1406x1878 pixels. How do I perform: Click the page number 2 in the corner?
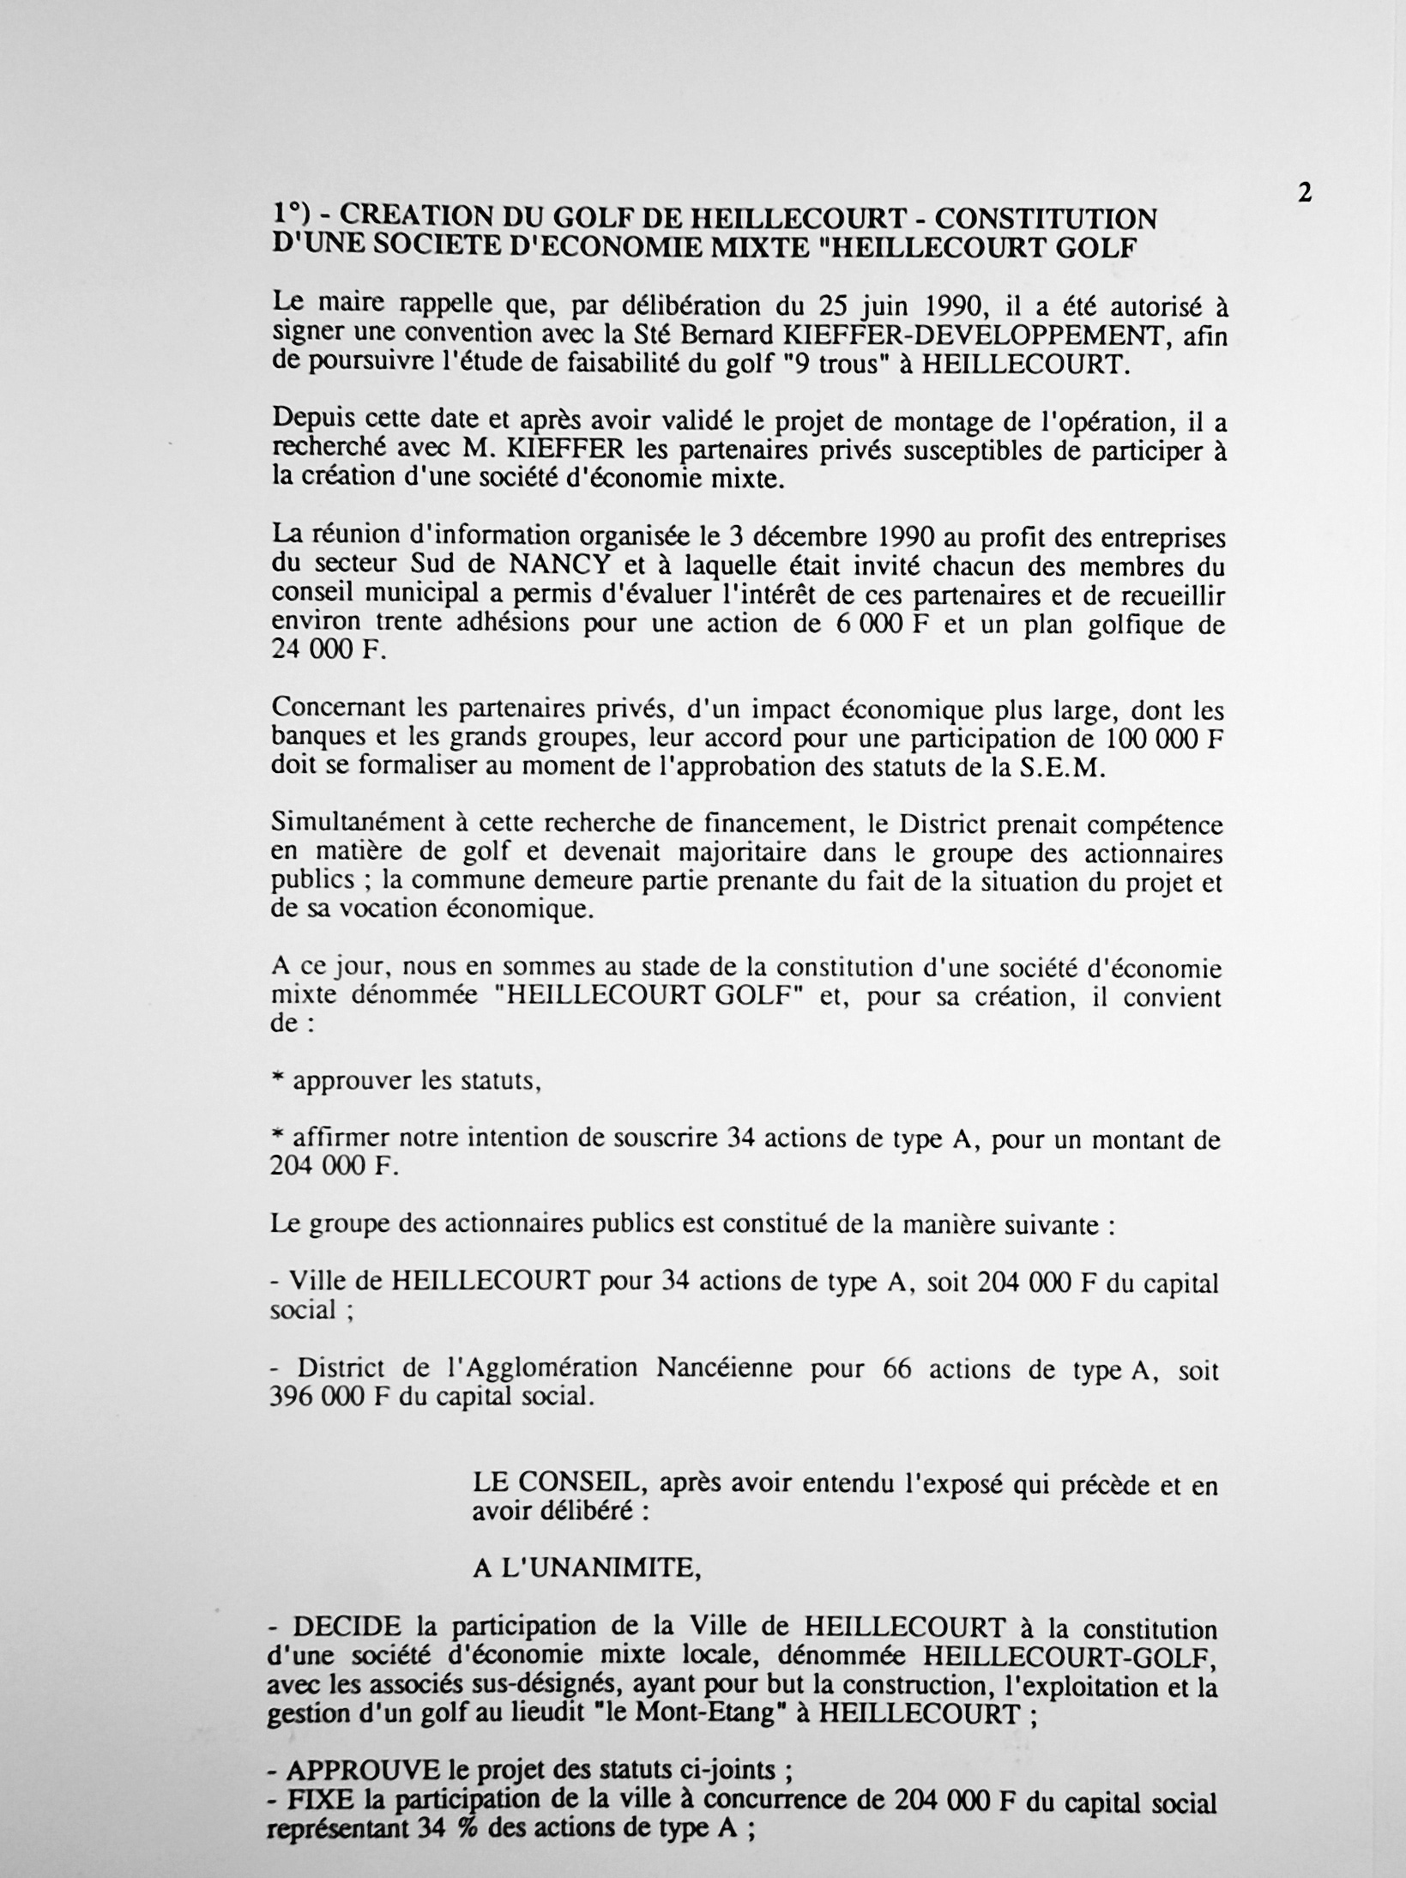(1304, 194)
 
